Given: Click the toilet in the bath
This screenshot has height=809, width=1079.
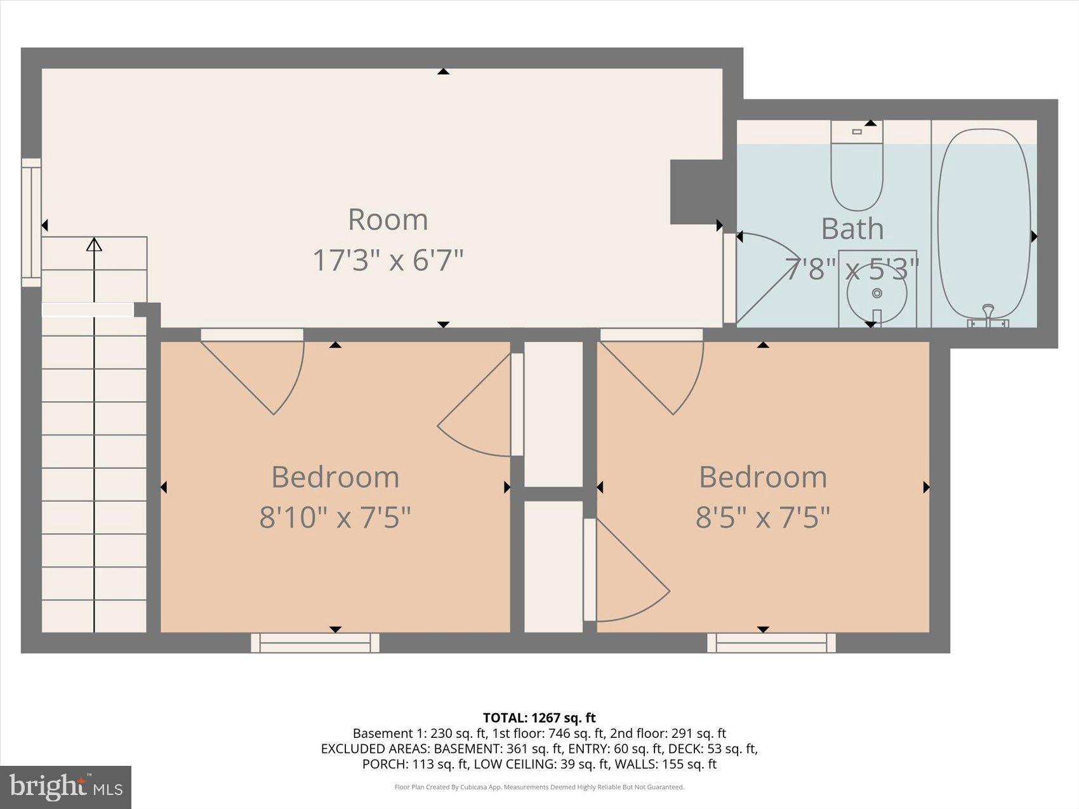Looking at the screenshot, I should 857,171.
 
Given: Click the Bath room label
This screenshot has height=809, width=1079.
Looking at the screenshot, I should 852,228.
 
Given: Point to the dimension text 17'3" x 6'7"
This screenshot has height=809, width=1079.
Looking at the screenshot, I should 388,260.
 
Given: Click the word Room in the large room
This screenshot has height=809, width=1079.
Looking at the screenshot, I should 388,220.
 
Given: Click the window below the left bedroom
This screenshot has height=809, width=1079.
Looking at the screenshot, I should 315,643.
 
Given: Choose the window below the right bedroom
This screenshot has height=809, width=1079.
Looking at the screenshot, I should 771,643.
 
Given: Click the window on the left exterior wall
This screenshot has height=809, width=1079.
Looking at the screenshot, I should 31,222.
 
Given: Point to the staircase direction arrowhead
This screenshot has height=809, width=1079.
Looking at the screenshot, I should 94,244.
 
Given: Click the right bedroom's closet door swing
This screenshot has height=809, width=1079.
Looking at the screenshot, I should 628,571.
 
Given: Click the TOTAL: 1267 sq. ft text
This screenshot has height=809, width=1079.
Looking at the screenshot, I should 539,718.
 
